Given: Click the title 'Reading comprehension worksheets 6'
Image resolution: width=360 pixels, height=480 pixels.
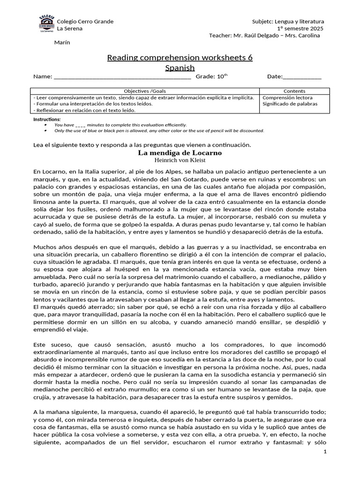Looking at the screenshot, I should click(180, 58).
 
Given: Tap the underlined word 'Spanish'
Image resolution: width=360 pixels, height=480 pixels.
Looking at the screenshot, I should click(180, 68).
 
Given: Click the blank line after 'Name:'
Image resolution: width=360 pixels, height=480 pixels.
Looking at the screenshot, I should click(122, 77).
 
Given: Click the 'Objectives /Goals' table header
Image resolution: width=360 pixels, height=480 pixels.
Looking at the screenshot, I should click(145, 91).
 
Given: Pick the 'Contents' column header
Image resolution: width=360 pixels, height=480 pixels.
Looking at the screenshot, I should click(294, 91).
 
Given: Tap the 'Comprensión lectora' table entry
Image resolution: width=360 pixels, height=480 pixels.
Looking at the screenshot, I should click(287, 97).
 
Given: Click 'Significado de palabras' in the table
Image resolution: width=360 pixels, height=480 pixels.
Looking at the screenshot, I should click(290, 104).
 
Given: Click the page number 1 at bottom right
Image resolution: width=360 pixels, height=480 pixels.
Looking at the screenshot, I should click(324, 451).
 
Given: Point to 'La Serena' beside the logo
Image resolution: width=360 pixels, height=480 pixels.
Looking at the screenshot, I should click(69, 29).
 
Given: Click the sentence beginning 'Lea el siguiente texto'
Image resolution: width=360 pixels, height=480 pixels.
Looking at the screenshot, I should click(142, 144).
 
